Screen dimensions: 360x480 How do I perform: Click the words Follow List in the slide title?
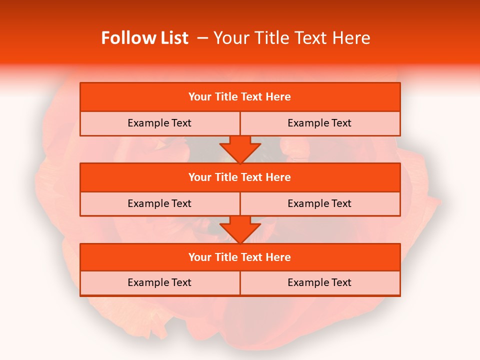point(144,38)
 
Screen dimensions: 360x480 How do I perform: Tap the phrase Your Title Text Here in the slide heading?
point(292,38)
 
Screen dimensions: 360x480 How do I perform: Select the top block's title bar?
point(240,97)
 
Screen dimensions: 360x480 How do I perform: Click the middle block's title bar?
point(240,177)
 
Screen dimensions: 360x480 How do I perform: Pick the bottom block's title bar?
point(240,257)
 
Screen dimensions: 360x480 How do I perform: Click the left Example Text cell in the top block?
point(159,123)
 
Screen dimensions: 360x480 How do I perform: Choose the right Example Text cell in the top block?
point(319,123)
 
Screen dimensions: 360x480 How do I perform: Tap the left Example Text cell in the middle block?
point(159,203)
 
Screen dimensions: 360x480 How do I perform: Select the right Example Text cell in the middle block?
point(319,203)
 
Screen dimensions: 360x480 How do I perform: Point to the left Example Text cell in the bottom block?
point(159,282)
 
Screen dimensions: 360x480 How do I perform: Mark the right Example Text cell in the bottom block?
point(319,282)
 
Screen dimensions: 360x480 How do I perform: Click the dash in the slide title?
point(203,38)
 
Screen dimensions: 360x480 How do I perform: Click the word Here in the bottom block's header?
point(278,257)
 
